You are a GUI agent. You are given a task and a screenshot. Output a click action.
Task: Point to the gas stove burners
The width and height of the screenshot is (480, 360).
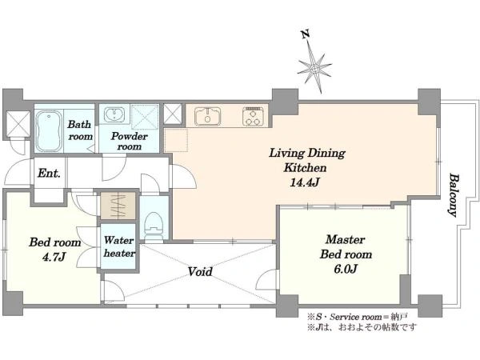254,117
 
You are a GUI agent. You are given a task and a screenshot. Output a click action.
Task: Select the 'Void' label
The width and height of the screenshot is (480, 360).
200,272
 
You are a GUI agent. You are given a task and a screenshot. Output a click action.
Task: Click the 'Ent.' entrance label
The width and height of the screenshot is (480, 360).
51,173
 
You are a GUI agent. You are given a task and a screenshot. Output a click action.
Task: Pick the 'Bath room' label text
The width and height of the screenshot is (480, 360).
79,130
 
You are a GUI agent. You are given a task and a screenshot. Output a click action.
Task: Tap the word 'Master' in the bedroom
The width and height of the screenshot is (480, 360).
346,239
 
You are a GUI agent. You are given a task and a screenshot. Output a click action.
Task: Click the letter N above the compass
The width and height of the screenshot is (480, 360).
304,34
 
